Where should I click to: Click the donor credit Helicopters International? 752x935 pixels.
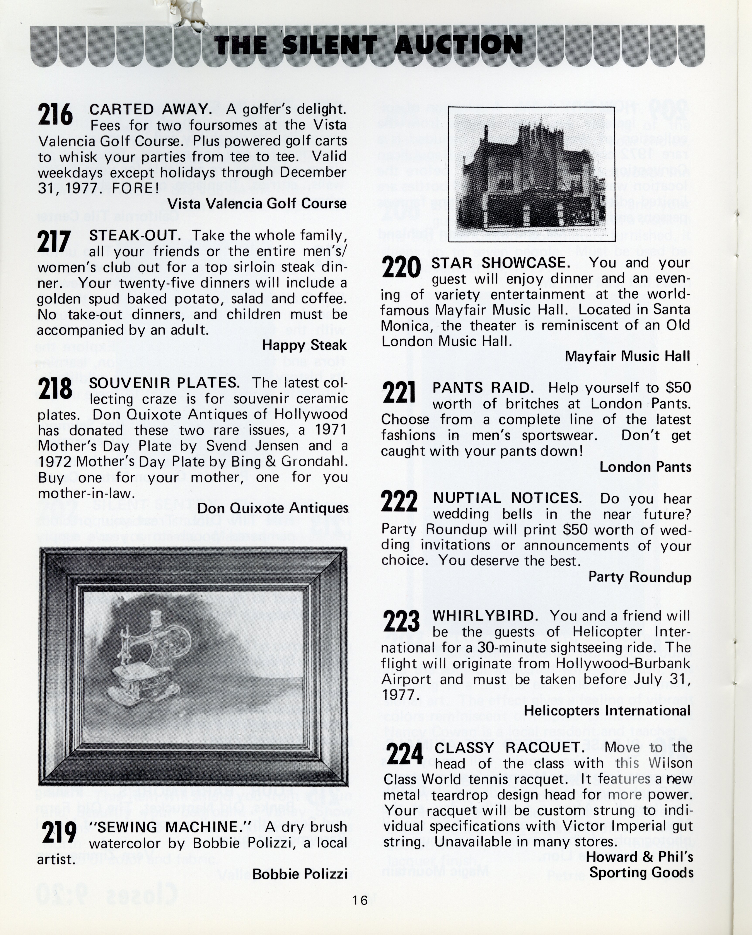tap(607, 711)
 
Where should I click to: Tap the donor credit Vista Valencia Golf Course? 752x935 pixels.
tap(257, 203)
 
